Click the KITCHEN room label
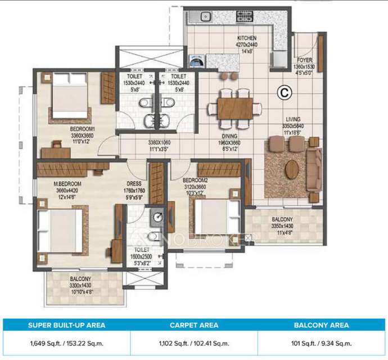(246, 38)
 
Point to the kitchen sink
(206, 16)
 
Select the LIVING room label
(292, 119)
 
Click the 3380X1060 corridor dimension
(159, 143)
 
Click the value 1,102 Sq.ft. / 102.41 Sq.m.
(194, 343)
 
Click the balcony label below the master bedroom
(82, 279)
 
